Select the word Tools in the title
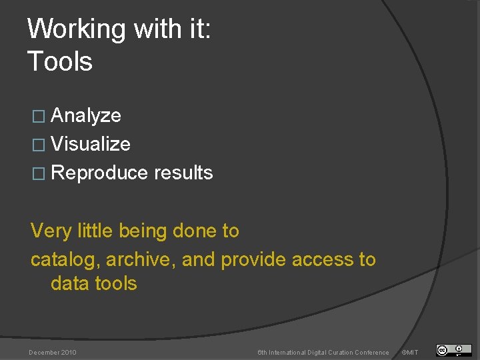coord(60,61)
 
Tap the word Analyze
coord(86,115)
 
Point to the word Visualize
coord(91,144)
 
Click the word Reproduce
coord(99,173)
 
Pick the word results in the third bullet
coord(183,173)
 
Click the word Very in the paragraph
coord(51,231)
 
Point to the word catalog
coord(65,260)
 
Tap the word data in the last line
coord(70,283)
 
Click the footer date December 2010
coord(53,352)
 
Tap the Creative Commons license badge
coord(453,350)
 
